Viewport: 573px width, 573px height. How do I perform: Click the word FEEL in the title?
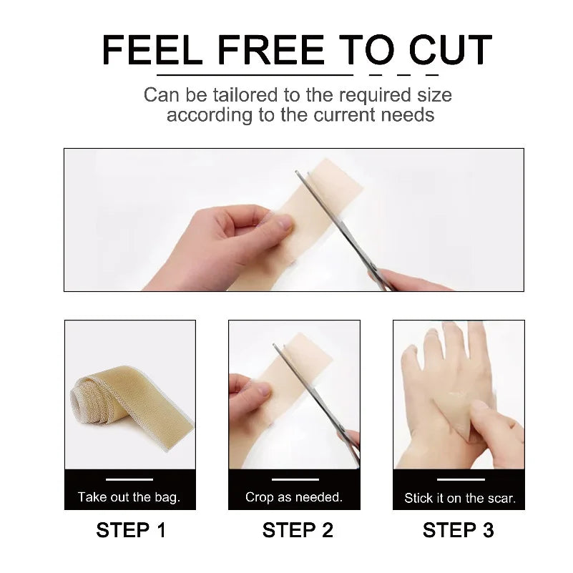point(148,51)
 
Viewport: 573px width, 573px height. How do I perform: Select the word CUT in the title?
point(450,51)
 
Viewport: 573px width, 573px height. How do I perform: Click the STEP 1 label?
point(131,531)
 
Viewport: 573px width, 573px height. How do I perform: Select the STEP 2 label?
point(298,531)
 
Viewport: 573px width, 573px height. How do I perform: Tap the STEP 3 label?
point(458,531)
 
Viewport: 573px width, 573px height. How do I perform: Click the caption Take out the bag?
point(129,497)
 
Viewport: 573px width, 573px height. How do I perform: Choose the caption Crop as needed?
point(294,497)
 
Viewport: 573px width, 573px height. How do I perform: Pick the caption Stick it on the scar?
point(459,498)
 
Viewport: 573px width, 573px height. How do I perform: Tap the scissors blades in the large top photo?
point(336,215)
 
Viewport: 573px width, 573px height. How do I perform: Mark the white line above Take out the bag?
point(129,479)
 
